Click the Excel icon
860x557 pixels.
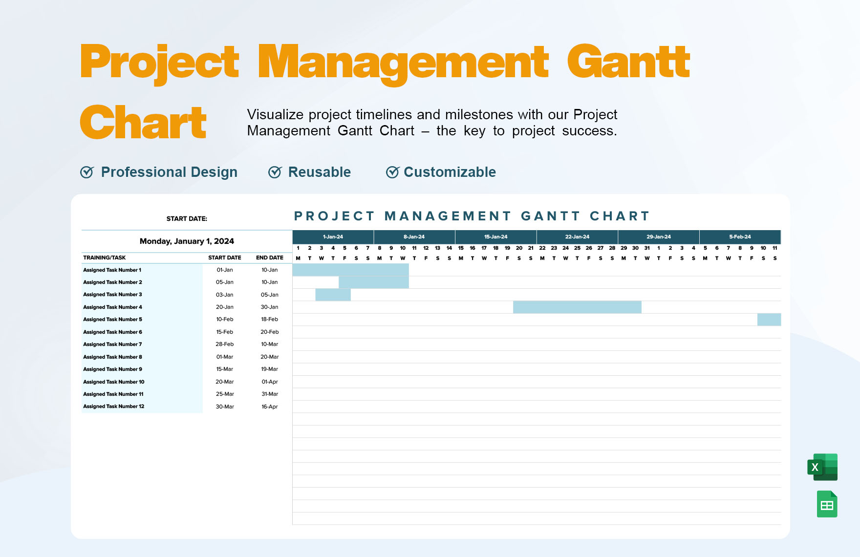[822, 467]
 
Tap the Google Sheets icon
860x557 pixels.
[827, 504]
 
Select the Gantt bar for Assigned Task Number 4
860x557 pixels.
[577, 307]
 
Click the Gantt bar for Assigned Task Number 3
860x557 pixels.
[333, 295]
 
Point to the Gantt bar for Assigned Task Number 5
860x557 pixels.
[769, 320]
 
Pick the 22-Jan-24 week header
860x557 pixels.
[577, 237]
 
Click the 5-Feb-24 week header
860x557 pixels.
[740, 237]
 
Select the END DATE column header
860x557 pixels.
[269, 257]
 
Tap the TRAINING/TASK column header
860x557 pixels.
[105, 257]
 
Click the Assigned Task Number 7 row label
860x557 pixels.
[112, 344]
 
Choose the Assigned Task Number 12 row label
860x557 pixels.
[113, 407]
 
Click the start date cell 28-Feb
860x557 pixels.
[224, 344]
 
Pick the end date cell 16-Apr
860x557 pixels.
[269, 407]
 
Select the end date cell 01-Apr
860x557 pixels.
[269, 382]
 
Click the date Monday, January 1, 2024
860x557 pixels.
[187, 241]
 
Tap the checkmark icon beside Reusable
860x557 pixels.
[275, 172]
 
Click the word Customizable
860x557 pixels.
[450, 172]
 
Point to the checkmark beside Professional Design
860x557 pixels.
[87, 172]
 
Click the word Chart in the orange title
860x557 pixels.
[143, 122]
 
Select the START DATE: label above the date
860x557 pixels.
[187, 218]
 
